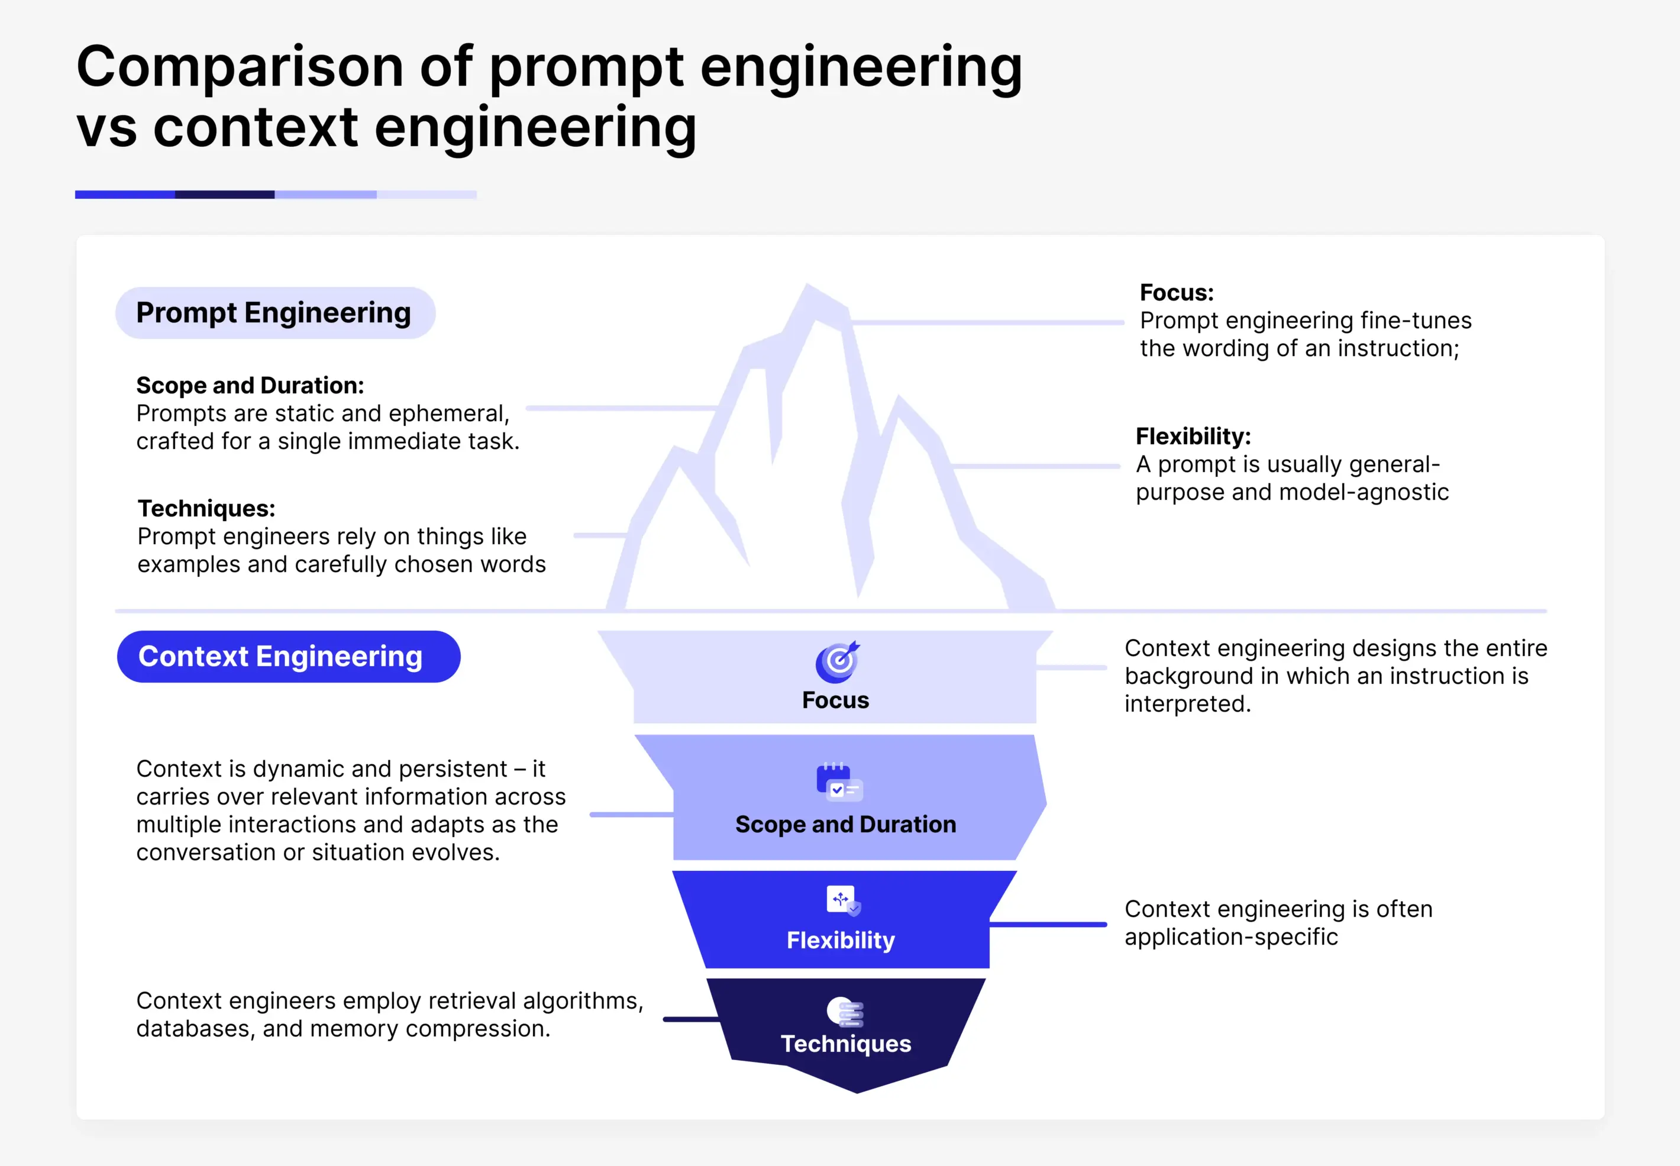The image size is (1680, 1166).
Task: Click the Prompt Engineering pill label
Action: (274, 313)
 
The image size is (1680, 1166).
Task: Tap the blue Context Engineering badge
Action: (288, 656)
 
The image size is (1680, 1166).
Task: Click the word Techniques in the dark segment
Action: (845, 1044)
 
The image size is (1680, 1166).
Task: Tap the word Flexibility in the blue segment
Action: (840, 939)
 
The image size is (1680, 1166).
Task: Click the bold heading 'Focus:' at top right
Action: (1176, 292)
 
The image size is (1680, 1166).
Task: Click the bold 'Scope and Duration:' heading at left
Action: (250, 385)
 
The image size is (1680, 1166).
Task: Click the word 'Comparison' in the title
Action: (240, 67)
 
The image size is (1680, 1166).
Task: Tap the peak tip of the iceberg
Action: (806, 286)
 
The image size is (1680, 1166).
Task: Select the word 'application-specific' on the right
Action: (1231, 936)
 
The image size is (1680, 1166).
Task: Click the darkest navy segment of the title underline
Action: (225, 194)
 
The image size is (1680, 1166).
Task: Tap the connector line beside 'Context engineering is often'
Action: (1048, 924)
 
